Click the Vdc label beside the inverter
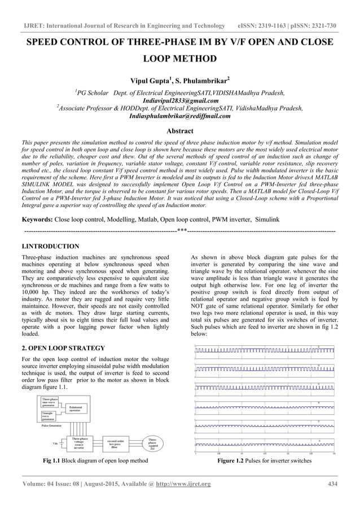click(55, 444)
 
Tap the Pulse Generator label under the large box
click(52, 426)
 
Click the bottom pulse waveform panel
click(265, 444)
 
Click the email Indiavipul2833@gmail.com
click(180, 101)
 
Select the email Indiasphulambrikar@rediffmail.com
click(180, 117)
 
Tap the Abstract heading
click(179, 130)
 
